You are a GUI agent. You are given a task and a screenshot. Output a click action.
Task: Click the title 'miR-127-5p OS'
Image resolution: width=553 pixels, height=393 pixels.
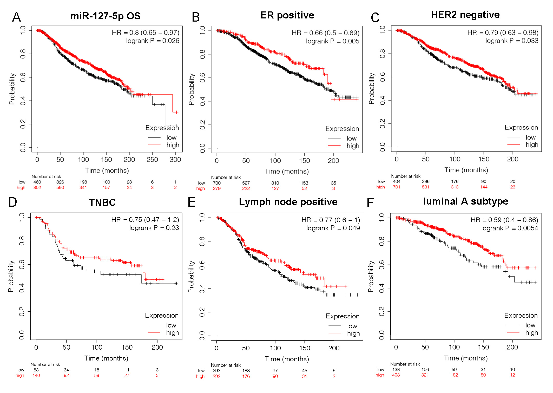105,16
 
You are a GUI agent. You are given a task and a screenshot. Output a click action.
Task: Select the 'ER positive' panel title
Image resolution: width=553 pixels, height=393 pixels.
287,15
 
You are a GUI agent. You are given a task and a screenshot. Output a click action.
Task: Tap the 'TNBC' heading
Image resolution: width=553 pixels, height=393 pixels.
102,202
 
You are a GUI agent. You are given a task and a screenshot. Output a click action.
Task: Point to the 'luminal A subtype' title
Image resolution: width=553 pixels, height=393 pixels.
465,201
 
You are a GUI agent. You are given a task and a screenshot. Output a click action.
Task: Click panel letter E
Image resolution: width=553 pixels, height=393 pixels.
192,202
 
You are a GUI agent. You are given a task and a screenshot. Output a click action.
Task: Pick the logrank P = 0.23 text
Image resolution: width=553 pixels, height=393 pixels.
154,228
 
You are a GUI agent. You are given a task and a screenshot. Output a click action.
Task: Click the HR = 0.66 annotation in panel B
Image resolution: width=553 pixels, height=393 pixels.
325,33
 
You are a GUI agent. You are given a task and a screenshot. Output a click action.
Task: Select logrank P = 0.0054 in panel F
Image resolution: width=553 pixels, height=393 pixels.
509,228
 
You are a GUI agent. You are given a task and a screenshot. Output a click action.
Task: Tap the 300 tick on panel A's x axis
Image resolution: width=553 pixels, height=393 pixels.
175,160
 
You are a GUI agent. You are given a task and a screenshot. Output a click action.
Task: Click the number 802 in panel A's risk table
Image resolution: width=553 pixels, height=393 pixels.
37,187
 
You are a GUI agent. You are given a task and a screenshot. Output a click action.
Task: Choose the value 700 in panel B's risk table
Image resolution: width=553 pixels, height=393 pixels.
217,183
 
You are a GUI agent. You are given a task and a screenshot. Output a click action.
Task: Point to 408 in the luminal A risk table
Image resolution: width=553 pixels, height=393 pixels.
396,375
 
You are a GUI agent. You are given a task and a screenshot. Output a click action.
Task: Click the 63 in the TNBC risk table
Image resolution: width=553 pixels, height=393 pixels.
36,370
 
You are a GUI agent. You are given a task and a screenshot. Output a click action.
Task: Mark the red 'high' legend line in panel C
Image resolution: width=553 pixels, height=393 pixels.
513,144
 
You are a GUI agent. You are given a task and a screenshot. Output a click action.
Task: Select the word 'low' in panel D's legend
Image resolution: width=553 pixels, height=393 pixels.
171,325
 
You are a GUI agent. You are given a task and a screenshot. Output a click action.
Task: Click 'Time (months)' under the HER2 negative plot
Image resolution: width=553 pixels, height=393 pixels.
466,170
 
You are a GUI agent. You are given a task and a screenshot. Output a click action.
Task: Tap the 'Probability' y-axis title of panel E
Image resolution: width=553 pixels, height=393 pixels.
191,277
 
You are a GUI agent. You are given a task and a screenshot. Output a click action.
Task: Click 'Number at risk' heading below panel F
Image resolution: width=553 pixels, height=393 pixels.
405,364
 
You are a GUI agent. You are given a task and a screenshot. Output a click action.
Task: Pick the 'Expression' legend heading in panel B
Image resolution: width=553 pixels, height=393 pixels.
342,129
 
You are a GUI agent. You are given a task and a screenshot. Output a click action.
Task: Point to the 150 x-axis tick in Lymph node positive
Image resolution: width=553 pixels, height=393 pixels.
305,348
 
